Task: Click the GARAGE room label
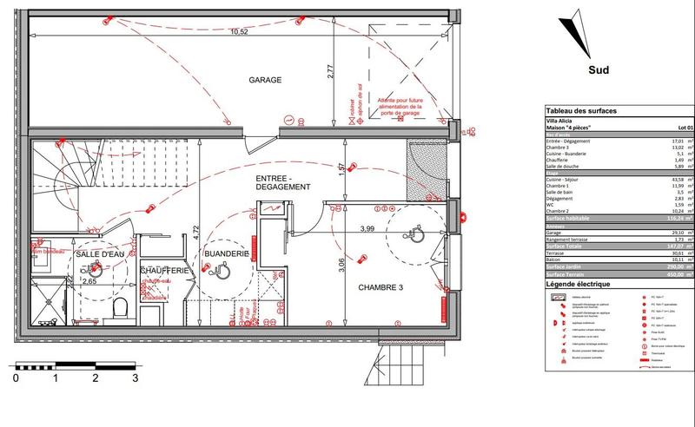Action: coord(266,80)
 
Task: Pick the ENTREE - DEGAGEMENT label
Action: coord(282,182)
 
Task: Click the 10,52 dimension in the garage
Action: coord(239,32)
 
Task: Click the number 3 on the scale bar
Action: coord(135,379)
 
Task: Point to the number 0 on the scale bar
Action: coord(16,379)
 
